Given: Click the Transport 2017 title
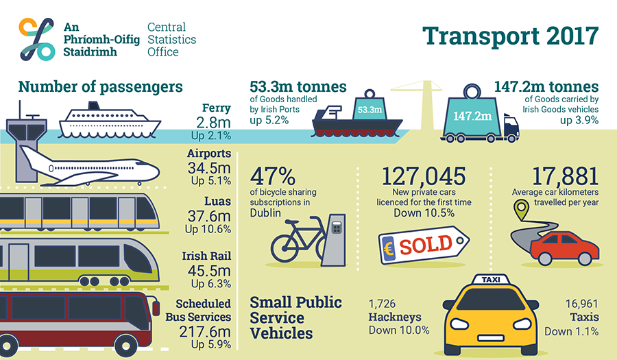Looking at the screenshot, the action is pos(510,36).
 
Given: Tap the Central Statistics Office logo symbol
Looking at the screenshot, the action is pos(36,39).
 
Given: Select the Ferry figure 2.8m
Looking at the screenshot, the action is pos(213,122).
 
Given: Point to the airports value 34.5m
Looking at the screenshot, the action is pos(209,168).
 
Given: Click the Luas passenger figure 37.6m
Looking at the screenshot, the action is pos(209,216).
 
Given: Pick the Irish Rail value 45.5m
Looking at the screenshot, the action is pos(209,271).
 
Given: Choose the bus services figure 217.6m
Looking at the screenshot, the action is pos(204,332).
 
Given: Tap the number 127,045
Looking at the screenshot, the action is pos(424,176).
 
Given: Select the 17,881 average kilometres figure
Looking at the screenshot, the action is pos(565,176).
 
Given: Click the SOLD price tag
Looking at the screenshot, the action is pos(424,245).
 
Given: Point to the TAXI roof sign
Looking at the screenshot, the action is pos(491,279).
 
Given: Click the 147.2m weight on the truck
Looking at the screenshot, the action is pos(472,113).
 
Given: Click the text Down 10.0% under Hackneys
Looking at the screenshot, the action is pos(399,330).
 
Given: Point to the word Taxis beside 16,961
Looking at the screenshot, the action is pos(584,317).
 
